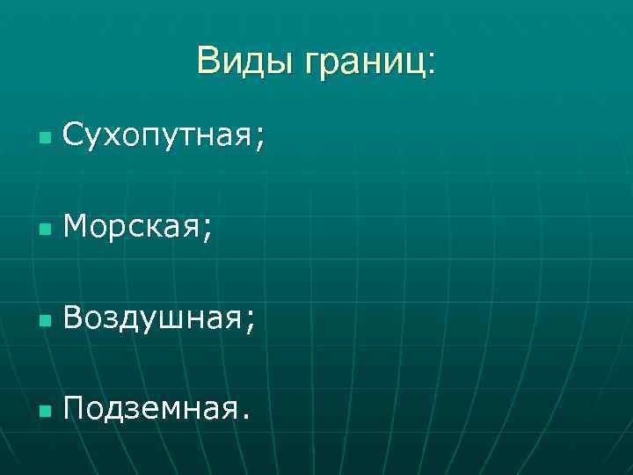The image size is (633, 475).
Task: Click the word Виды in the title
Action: (x=245, y=62)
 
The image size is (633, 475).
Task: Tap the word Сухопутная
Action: (x=158, y=137)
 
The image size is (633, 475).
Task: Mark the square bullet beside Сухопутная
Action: (x=44, y=139)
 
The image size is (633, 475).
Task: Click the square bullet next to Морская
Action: (x=44, y=230)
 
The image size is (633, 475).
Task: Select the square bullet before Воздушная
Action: (x=44, y=322)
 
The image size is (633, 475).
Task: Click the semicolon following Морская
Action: (x=207, y=234)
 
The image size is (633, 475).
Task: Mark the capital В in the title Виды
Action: (x=208, y=62)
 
